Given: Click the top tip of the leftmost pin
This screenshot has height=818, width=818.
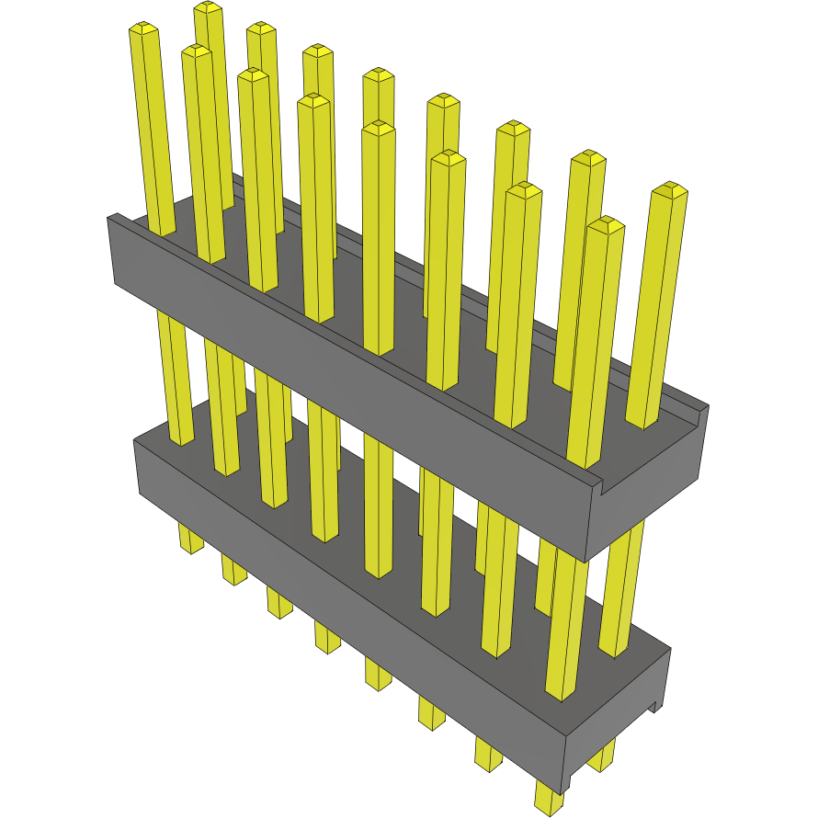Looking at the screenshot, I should click(143, 28).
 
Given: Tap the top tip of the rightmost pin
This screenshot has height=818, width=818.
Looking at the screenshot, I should click(670, 189).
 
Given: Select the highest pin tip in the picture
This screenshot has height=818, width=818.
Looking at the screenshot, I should click(209, 7).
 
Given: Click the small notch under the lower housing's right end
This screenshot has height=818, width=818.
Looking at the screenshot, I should click(655, 706).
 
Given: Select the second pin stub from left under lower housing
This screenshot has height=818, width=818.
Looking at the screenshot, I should click(233, 570).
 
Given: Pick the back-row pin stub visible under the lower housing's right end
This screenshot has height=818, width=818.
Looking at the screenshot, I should click(603, 758).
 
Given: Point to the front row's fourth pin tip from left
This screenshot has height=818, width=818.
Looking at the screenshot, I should click(378, 126).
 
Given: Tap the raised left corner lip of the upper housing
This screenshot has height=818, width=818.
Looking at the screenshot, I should click(117, 219).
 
